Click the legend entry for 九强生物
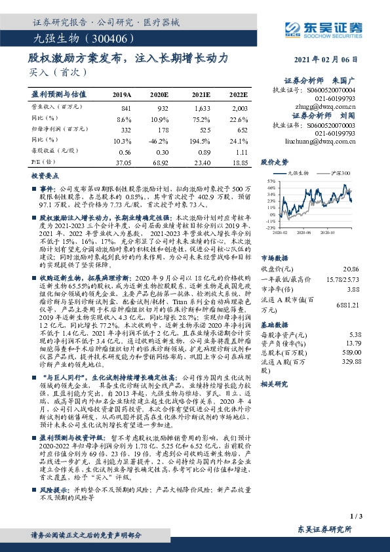click(x=300, y=172)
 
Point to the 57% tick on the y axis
click(x=271, y=180)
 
